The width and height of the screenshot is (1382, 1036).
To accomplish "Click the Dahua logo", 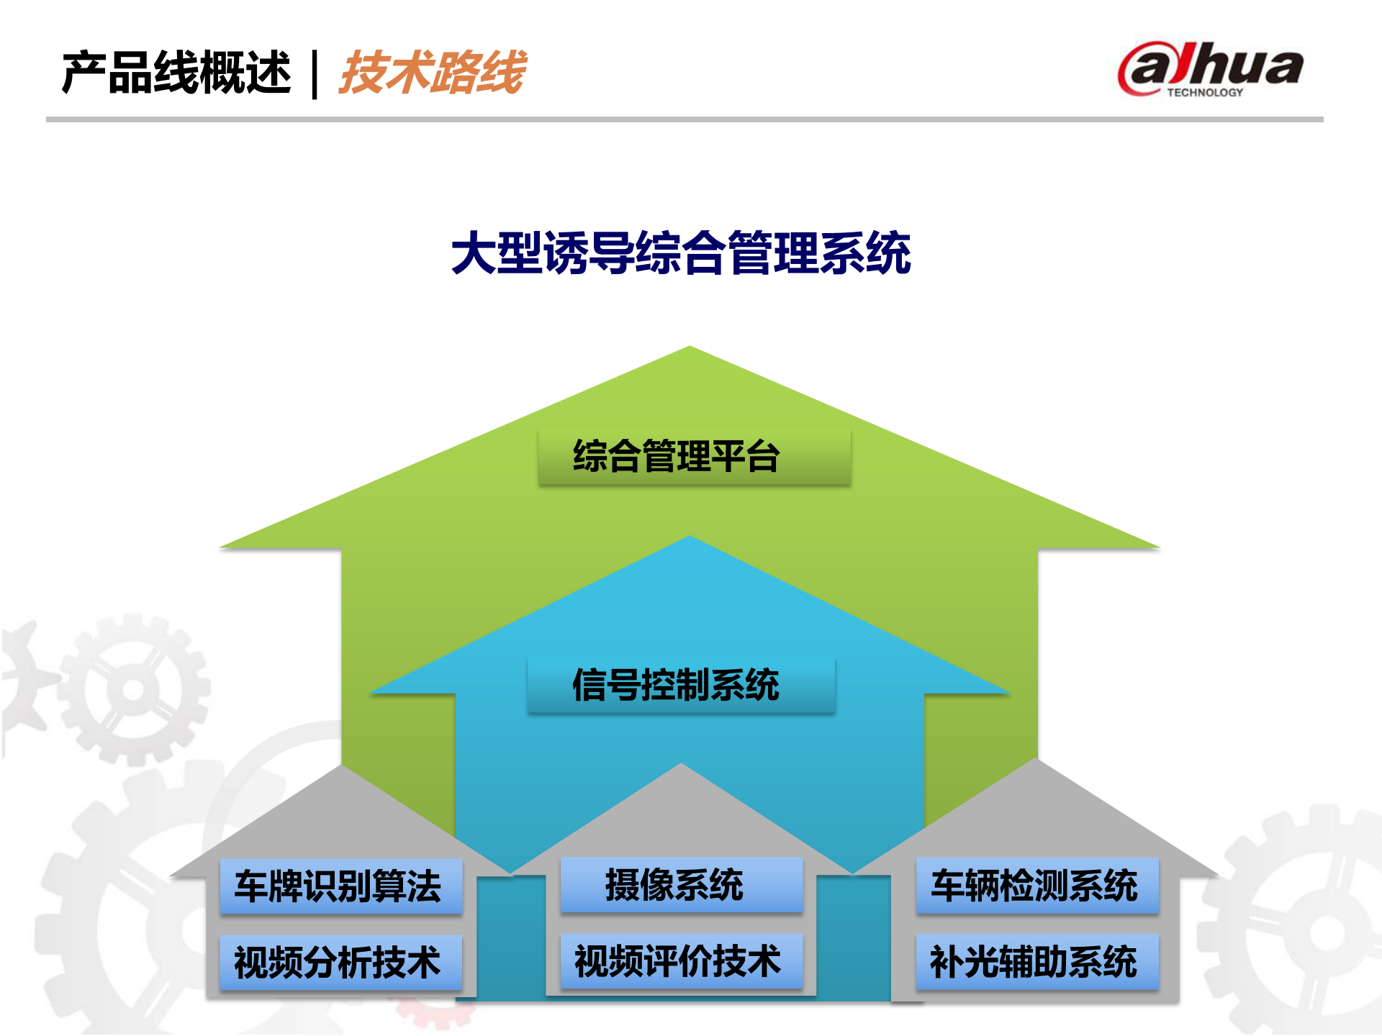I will pos(1211,68).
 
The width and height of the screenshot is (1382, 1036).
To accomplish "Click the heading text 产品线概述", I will pos(176,73).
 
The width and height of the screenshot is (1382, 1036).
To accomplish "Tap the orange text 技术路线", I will pos(433,73).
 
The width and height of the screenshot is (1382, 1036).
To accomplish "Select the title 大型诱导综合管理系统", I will pos(681,253).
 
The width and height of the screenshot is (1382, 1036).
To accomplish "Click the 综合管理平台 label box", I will pos(695,457).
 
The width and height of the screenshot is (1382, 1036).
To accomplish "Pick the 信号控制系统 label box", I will pos(681,684).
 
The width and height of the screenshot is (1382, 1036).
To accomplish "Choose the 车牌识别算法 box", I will pos(340,886).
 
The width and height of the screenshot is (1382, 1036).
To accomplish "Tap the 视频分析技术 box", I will pos(340,963).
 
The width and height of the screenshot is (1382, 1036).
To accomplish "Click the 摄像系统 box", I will pos(681,885).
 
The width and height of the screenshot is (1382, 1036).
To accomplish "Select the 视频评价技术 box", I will pos(681,961).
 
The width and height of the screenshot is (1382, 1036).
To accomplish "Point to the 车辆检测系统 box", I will pos(1036,886).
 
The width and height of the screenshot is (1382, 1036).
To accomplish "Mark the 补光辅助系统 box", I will pos(1036,962).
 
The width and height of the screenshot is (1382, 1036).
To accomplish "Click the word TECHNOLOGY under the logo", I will pos(1205,93).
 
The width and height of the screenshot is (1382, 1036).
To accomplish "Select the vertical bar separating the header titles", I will pos(315,73).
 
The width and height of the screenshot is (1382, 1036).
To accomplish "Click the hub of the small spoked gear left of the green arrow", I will pos(134,689).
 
